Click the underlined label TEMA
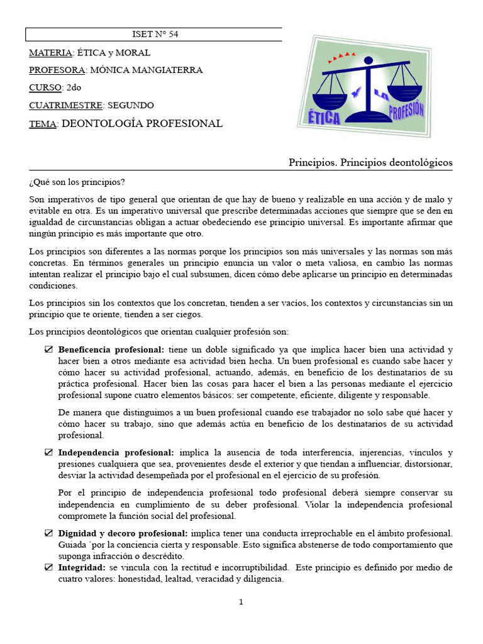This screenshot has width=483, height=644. pyautogui.click(x=43, y=124)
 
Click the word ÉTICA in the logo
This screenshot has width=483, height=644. pyautogui.click(x=325, y=118)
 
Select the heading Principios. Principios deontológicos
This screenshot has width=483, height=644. pyautogui.click(x=370, y=163)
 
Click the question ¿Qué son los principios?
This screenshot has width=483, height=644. pyautogui.click(x=77, y=182)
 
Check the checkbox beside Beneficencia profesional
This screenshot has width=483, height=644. pyautogui.click(x=49, y=350)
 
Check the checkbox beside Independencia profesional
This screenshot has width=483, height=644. pyautogui.click(x=49, y=453)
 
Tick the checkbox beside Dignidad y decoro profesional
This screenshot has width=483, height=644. pyautogui.click(x=49, y=533)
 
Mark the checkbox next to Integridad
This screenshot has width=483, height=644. pyautogui.click(x=49, y=568)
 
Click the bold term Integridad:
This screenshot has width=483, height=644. pyautogui.click(x=82, y=568)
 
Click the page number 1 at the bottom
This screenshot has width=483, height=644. pyautogui.click(x=241, y=602)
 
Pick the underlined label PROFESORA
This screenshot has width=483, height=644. pyautogui.click(x=58, y=70)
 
